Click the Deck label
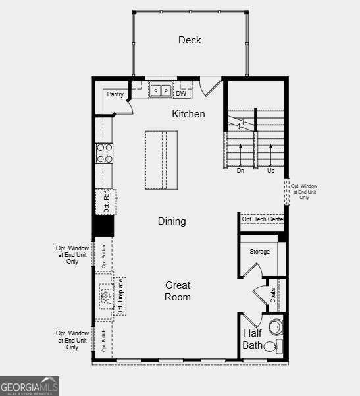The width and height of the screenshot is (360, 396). coord(190,40)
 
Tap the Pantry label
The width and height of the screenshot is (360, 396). coord(115,94)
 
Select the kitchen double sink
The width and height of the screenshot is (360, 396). coord(160,90)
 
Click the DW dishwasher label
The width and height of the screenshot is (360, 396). coord(181,94)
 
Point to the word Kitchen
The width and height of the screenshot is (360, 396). coord(188,114)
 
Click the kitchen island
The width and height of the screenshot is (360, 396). coord(161,159)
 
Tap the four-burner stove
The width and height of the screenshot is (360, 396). coord(105,153)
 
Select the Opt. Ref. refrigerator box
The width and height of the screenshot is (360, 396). coord(107,202)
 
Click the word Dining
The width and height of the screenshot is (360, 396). coord(171,221)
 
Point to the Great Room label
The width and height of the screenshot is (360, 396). coord(178,291)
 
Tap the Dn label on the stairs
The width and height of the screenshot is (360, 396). coord(240,170)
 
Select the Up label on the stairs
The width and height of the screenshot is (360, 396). coord(270,170)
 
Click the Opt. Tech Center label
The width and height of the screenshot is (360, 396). coord(263,219)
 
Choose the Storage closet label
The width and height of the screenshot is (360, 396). coord(259,252)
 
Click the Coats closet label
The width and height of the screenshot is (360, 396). coord(272,295)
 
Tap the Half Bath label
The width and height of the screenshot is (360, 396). coord(253,339)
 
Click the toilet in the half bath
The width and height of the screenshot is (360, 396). coord(271,347)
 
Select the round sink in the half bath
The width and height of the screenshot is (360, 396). coord(276,327)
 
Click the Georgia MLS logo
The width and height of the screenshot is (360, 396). coord(30,385)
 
